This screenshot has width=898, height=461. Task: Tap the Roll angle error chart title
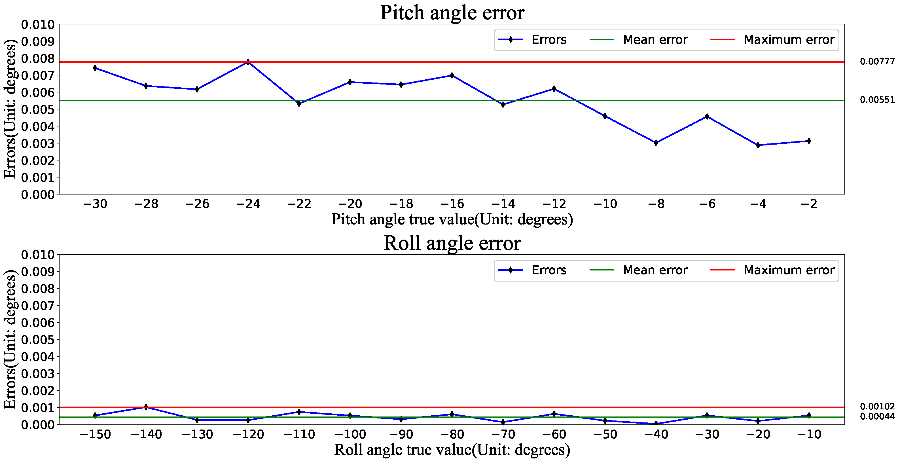[452, 243]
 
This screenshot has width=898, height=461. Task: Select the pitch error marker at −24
[248, 62]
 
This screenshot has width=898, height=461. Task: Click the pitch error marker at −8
[656, 143]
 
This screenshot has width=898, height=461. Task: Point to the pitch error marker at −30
[95, 68]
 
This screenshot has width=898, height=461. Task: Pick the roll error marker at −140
[146, 407]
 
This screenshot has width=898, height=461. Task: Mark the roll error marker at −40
[656, 424]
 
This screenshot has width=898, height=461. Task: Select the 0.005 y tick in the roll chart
[38, 340]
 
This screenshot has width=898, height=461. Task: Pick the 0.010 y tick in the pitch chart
[38, 25]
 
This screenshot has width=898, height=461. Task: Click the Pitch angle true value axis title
[452, 219]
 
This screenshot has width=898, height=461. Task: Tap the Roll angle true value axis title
[452, 450]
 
